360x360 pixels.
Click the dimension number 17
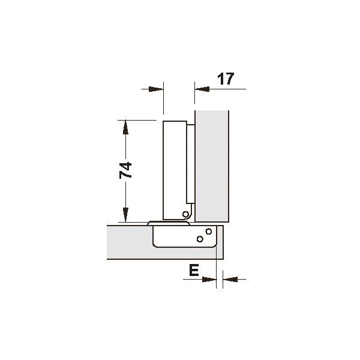click(x=226, y=79)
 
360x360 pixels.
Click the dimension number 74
click(x=125, y=170)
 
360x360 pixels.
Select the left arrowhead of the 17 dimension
click(x=156, y=89)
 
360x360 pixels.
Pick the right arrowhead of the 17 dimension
click(x=202, y=89)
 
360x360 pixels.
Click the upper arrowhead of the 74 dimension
click(x=125, y=127)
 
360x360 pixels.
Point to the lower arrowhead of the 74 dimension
click(x=125, y=215)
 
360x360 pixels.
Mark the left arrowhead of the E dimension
click(x=209, y=280)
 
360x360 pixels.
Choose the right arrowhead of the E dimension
click(x=230, y=280)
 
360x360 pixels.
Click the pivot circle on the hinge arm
click(x=185, y=214)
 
